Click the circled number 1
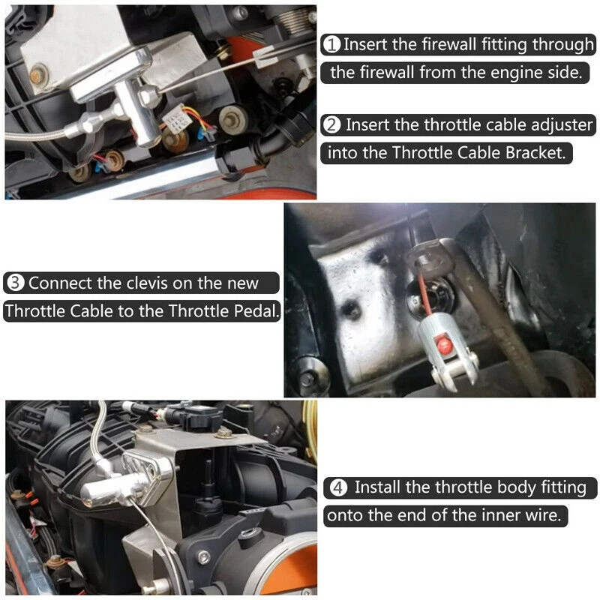click(332, 45)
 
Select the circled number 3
click(15, 283)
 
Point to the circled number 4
click(339, 487)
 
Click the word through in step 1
click(562, 45)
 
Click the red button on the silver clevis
click(444, 346)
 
